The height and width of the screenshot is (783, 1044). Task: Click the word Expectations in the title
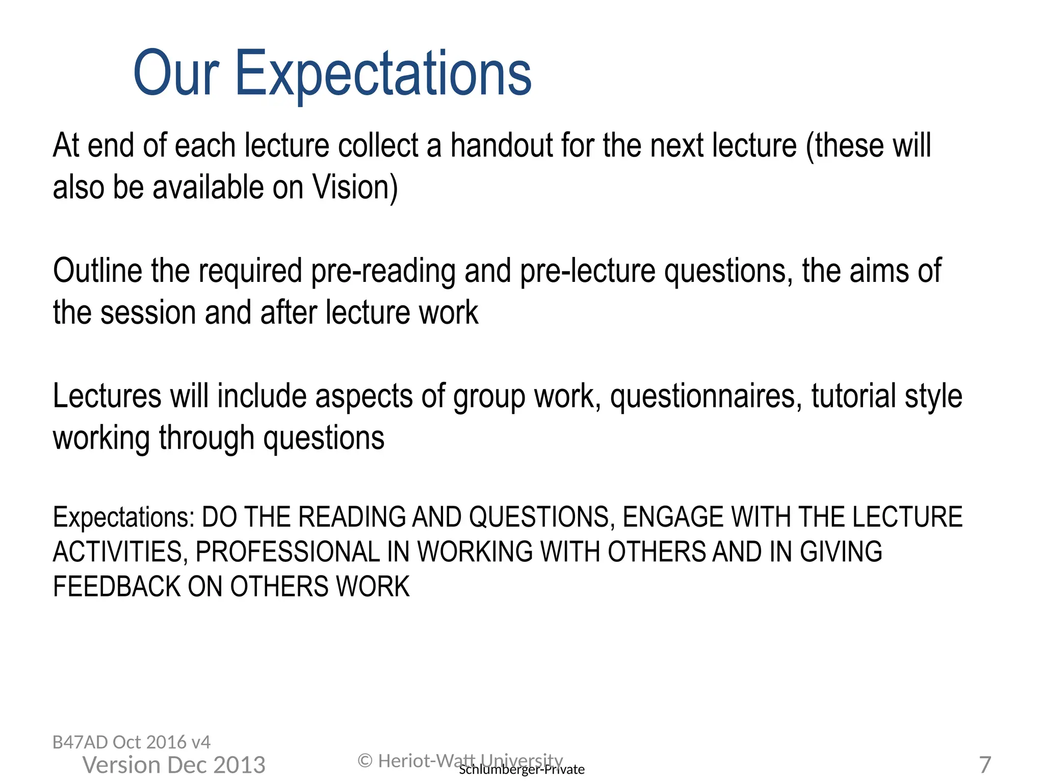tap(383, 74)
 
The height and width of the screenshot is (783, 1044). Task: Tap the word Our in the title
tap(176, 74)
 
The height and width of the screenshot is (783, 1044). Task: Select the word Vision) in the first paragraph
tap(355, 188)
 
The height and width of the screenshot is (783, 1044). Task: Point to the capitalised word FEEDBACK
tap(117, 587)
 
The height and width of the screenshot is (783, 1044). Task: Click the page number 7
tap(985, 765)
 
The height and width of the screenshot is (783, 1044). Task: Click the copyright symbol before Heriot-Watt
tap(365, 761)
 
